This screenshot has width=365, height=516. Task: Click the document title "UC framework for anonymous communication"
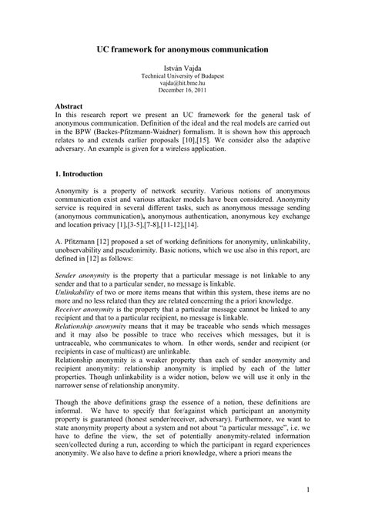pos(182,49)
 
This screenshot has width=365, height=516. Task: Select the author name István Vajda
pos(182,69)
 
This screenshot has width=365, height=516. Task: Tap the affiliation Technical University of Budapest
pos(182,76)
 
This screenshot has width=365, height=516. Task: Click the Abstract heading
pos(72,104)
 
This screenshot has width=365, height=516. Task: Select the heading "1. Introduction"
pos(82,176)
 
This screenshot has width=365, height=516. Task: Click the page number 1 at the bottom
pos(306,491)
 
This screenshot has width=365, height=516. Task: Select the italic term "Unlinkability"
pos(77,293)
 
